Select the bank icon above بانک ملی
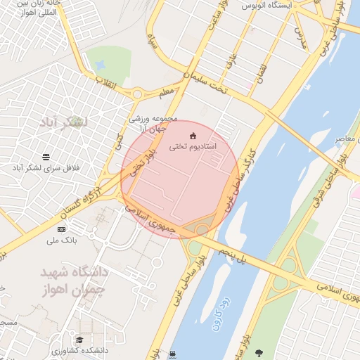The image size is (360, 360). [61, 230]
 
